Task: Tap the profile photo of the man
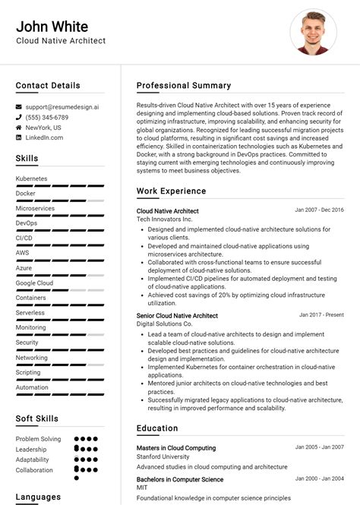tap(313, 32)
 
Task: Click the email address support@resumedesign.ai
tap(62, 107)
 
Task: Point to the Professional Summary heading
tap(184, 85)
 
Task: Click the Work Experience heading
tap(171, 191)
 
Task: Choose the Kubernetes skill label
tap(31, 178)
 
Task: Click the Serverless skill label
tap(30, 312)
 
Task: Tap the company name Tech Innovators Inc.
tap(165, 219)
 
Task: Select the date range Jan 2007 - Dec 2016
tap(319, 210)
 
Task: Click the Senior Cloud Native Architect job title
tap(177, 315)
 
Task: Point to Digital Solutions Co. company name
tap(165, 324)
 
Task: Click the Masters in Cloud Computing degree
tap(176, 448)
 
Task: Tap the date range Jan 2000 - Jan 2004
tap(320, 479)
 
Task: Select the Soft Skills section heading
tap(37, 418)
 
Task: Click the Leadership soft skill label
tap(32, 449)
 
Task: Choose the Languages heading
tap(38, 497)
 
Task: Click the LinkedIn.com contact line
tap(44, 137)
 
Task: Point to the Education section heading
tap(157, 428)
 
